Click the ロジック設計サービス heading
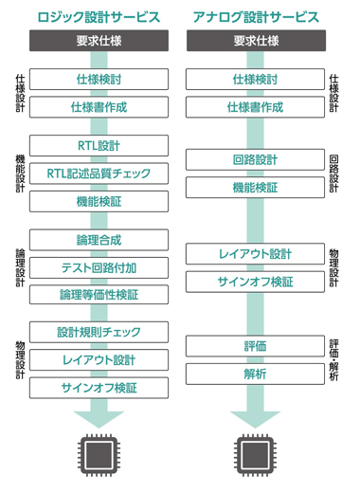pyautogui.click(x=99, y=17)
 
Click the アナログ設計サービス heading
pyautogui.click(x=256, y=17)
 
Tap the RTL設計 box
pyautogui.click(x=99, y=146)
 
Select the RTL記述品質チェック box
pyautogui.click(x=99, y=173)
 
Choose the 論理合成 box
pyautogui.click(x=99, y=240)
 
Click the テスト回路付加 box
pyautogui.click(x=99, y=268)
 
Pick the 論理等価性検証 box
pyautogui.click(x=99, y=295)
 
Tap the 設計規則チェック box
pyautogui.click(x=99, y=332)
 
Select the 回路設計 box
pyautogui.click(x=255, y=159)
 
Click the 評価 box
pyautogui.click(x=255, y=346)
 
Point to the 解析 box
pyautogui.click(x=255, y=374)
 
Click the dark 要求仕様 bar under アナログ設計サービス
pyautogui.click(x=256, y=41)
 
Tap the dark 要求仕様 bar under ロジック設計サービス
pyautogui.click(x=99, y=41)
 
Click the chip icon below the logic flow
pyautogui.click(x=99, y=455)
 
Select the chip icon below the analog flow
pyautogui.click(x=255, y=455)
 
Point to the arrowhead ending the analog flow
pyautogui.click(x=255, y=420)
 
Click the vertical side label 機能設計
pyautogui.click(x=20, y=173)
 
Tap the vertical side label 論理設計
pyautogui.click(x=20, y=268)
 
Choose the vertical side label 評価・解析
pyautogui.click(x=333, y=360)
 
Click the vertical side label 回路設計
pyautogui.click(x=333, y=173)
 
